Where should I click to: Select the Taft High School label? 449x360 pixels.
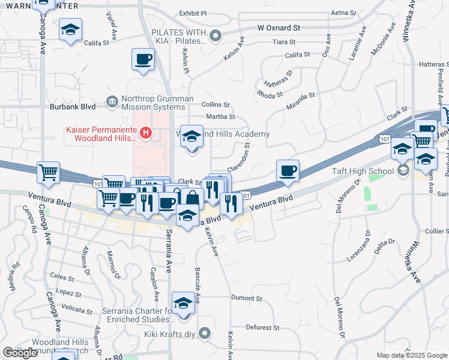click(363, 171)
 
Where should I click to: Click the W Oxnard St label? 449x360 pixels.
click(279, 28)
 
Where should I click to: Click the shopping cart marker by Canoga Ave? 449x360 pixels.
click(49, 173)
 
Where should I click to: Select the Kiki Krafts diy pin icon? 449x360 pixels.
click(205, 333)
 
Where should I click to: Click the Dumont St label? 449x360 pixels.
click(247, 298)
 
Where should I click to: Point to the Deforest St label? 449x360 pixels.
click(264, 328)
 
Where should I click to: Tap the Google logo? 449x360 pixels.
click(20, 353)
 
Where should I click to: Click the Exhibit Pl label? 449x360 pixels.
click(193, 13)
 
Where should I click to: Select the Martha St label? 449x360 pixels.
click(220, 116)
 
